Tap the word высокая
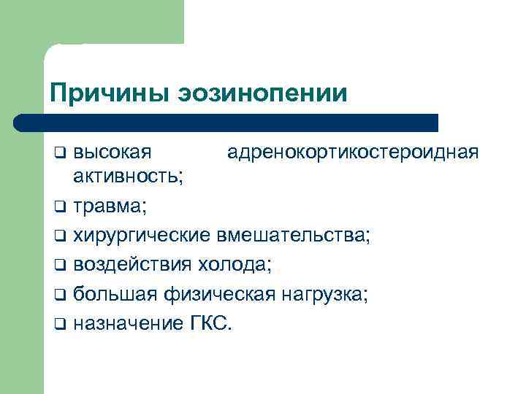[113, 152]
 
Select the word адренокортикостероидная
[353, 152]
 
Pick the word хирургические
[143, 235]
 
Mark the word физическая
[218, 293]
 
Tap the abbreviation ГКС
[210, 322]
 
